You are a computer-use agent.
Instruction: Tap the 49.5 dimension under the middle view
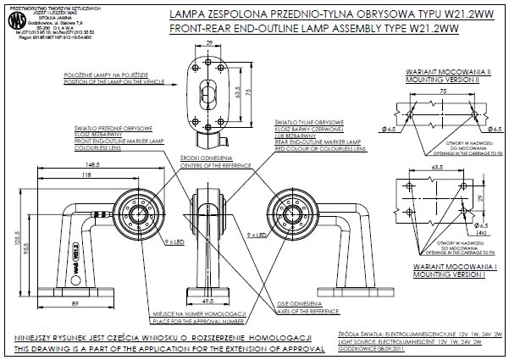coord(208,300)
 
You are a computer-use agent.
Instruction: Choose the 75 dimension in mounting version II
coord(441,88)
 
